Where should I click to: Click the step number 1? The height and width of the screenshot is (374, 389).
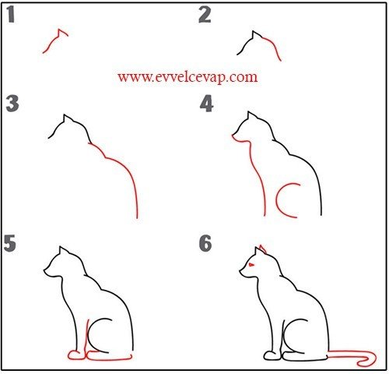[x=10, y=15]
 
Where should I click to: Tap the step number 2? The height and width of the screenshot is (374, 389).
[x=205, y=15]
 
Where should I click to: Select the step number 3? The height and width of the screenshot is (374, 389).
[x=12, y=104]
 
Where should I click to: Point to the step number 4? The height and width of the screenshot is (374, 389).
[x=206, y=104]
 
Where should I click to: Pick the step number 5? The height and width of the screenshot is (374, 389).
[x=10, y=243]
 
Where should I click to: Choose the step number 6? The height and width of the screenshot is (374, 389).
[x=205, y=243]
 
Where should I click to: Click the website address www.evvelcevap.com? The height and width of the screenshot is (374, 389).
[x=187, y=77]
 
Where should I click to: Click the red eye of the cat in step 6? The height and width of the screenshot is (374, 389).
[x=251, y=265]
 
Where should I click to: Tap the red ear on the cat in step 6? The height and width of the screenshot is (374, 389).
[x=262, y=248]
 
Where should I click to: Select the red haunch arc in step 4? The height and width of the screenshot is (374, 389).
[x=277, y=200]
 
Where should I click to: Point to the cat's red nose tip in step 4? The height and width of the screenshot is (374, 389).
[x=233, y=135]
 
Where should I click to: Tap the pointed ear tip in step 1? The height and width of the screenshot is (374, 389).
[x=59, y=29]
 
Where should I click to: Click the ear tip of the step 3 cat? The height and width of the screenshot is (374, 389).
[x=65, y=115]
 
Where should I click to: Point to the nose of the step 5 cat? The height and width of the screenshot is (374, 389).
[x=44, y=270]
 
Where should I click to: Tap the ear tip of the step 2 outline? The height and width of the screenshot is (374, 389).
[x=253, y=31]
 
